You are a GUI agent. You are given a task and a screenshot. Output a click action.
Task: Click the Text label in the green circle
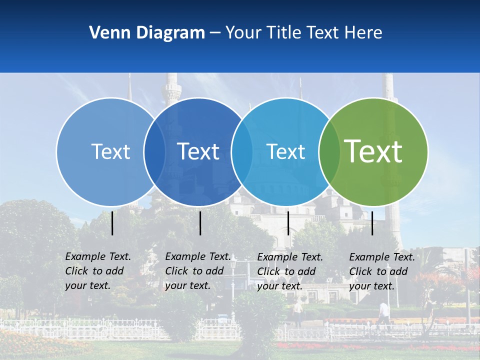(x=373, y=151)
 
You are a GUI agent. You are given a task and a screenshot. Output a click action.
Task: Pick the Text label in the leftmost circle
(x=110, y=151)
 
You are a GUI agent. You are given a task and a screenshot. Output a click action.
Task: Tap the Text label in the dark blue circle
(x=198, y=151)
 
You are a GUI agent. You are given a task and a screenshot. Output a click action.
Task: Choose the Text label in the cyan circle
(x=286, y=151)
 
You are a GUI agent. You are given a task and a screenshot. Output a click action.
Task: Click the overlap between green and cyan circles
(x=329, y=151)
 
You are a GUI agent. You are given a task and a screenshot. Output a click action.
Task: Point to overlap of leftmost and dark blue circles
(x=154, y=151)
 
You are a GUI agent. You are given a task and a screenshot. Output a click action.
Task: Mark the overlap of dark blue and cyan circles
(x=242, y=151)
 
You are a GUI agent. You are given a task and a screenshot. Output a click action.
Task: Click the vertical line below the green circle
(x=372, y=223)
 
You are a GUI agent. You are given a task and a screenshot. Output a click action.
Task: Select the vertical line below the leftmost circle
(x=112, y=223)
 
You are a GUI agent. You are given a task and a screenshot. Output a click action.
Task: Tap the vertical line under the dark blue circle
(x=200, y=223)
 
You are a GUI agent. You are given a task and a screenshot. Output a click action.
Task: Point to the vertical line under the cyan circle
(x=288, y=223)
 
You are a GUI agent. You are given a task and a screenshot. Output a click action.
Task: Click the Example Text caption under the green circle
(x=382, y=271)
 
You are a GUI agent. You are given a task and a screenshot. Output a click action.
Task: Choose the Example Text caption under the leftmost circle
(x=98, y=271)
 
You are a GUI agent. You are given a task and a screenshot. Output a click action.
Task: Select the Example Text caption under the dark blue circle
(x=197, y=271)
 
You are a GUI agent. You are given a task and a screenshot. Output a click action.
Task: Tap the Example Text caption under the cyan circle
(x=290, y=271)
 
